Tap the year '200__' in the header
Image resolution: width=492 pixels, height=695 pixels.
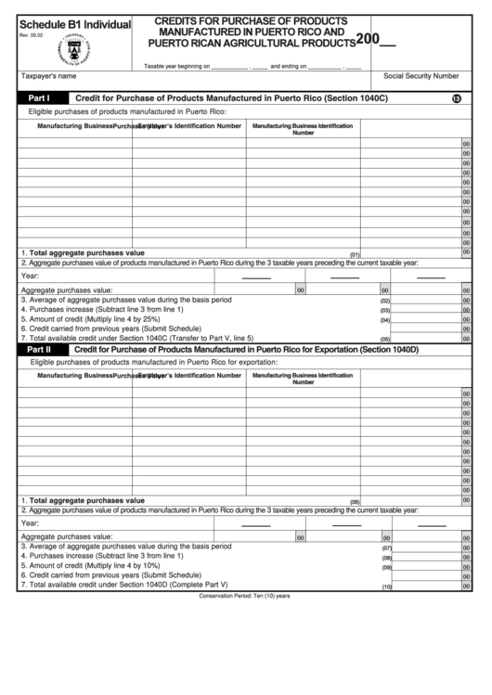pos(375,40)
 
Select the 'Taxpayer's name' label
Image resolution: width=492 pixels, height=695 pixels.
pos(48,76)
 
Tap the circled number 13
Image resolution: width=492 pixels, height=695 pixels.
pos(456,98)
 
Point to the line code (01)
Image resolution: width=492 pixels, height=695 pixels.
pos(354,254)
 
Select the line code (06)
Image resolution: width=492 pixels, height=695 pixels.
pos(354,502)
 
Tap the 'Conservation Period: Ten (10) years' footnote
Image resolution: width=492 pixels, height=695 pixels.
pos(245,597)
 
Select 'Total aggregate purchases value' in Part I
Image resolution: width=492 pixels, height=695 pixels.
pos(85,252)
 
